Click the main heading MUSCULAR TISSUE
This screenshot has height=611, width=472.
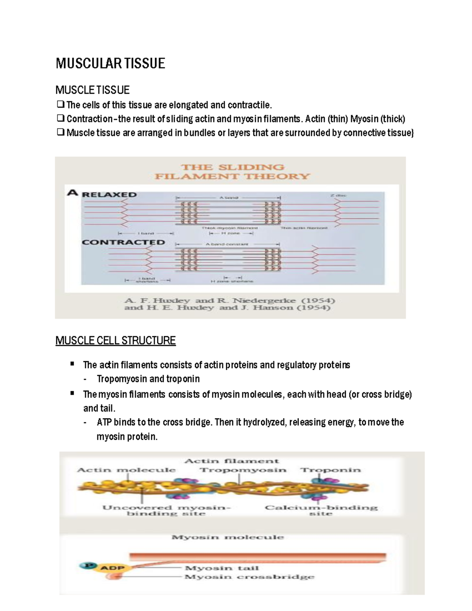tap(110, 63)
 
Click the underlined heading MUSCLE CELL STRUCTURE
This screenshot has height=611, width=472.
tap(115, 340)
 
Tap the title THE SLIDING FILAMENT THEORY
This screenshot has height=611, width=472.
tap(232, 172)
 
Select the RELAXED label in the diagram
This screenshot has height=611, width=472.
tap(109, 194)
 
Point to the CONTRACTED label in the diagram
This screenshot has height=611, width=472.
tap(123, 242)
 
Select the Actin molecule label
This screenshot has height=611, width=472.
tap(126, 470)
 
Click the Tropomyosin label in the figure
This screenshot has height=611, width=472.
tap(243, 470)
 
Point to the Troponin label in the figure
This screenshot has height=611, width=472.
tap(330, 470)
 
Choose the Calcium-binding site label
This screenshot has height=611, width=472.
tap(321, 510)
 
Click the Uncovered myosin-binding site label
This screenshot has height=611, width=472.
tap(166, 510)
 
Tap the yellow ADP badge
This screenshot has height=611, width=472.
tap(113, 568)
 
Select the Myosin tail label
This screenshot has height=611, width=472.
tap(221, 568)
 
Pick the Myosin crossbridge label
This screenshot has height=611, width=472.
tap(249, 577)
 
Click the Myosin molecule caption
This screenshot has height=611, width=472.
tap(227, 537)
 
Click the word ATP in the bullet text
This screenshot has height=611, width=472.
tap(104, 422)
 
